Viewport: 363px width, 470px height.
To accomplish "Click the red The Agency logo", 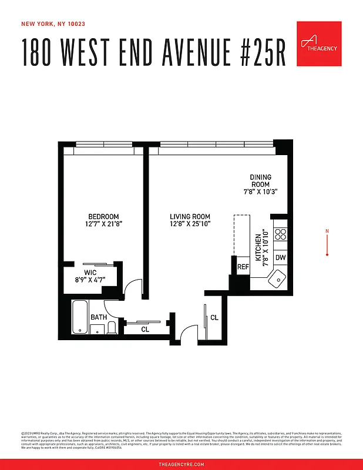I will pyautogui.click(x=319, y=43).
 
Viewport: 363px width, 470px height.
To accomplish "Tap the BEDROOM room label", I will pyautogui.click(x=103, y=216).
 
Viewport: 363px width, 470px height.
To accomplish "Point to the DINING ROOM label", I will pyautogui.click(x=260, y=181).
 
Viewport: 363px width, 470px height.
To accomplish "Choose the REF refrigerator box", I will pyautogui.click(x=243, y=267).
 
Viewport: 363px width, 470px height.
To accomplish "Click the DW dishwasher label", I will pyautogui.click(x=280, y=257).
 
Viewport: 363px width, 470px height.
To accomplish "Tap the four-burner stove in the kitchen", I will pyautogui.click(x=281, y=235).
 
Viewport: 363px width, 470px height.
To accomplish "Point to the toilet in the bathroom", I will pyautogui.click(x=112, y=327).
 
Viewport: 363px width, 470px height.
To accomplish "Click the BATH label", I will pyautogui.click(x=99, y=317).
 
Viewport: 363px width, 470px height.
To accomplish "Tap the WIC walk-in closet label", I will pyautogui.click(x=90, y=273).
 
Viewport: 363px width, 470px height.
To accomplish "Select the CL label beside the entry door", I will pyautogui.click(x=214, y=318).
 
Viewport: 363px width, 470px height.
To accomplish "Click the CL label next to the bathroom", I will pyautogui.click(x=145, y=330).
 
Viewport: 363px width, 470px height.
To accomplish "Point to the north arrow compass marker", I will pyautogui.click(x=327, y=243).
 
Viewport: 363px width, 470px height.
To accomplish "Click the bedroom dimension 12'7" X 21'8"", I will pyautogui.click(x=103, y=223).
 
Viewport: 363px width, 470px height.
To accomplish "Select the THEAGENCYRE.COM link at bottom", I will pyautogui.click(x=181, y=464).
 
